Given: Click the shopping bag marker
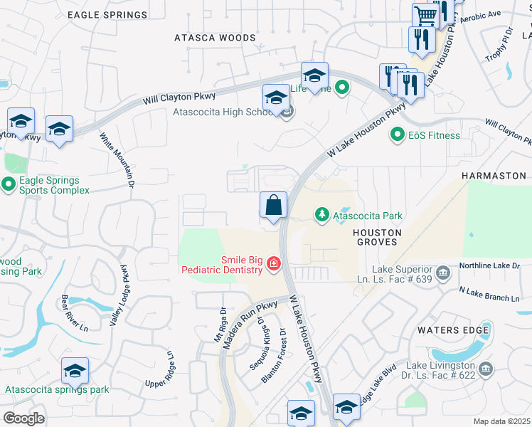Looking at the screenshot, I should [273, 206].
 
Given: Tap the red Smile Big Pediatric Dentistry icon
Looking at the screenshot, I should [273, 265].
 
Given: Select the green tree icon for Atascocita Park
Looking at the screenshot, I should [322, 215].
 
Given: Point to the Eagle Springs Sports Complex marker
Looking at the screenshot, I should [9, 185].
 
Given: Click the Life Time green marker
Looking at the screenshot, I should [342, 88].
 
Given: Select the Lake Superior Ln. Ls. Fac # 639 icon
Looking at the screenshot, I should [442, 271].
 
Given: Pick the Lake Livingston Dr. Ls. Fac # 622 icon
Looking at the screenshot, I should [486, 369].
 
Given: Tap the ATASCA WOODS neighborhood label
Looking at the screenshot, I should [215, 38].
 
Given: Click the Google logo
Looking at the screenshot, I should [23, 418].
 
